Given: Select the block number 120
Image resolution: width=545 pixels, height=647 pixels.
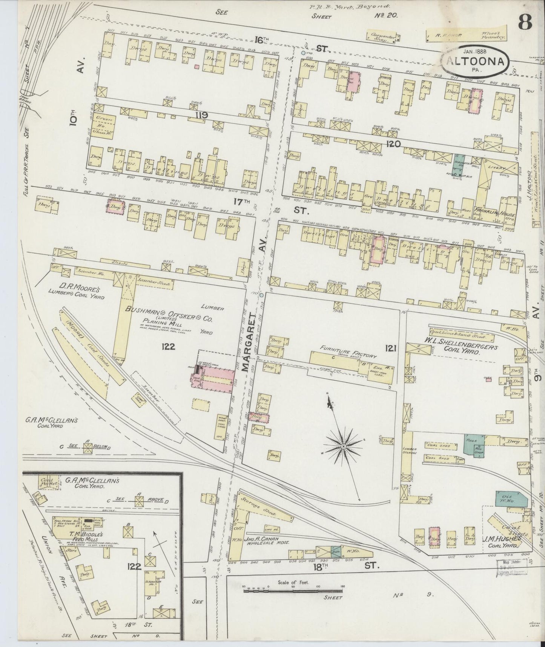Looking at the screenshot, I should [393, 143].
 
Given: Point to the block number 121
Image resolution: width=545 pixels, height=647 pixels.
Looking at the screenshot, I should [390, 349].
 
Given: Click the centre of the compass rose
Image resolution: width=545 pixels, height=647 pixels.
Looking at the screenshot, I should [344, 447].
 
